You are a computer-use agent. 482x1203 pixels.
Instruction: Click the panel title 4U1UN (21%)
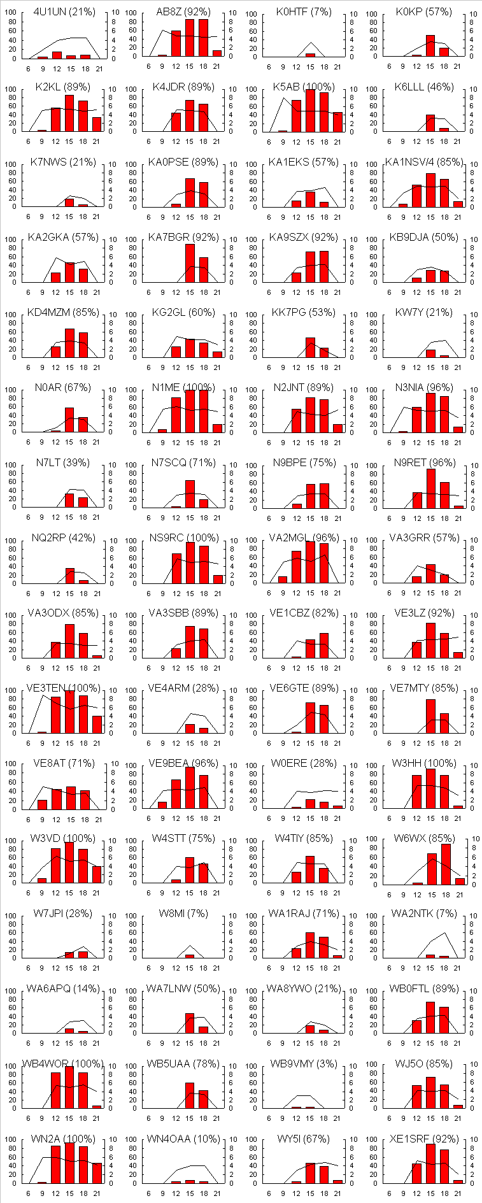[64, 12]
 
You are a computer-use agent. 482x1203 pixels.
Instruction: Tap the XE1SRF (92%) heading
[424, 1139]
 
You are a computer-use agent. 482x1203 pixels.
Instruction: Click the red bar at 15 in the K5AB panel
[310, 111]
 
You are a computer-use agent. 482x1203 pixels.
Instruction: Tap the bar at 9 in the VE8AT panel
[42, 804]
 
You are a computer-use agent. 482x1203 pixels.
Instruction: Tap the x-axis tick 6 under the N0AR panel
[29, 442]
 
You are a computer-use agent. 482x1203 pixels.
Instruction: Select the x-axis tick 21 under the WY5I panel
[337, 1193]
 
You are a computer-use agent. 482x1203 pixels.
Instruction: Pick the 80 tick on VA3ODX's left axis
[11, 624]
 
